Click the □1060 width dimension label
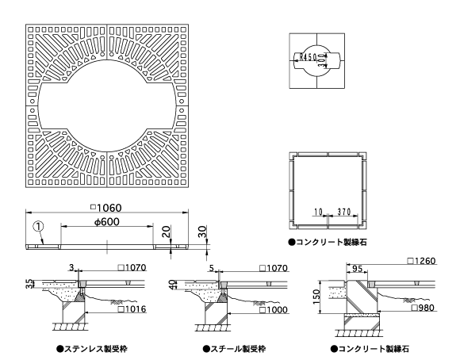tap(106, 208)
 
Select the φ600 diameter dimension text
tap(107, 222)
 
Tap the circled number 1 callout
tap(39, 226)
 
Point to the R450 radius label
tap(309, 56)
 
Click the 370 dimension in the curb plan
tap(344, 212)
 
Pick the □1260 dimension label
tap(422, 261)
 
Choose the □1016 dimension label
tap(132, 309)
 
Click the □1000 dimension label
tap(274, 310)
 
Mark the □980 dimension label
tap(423, 308)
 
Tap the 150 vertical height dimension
tap(316, 297)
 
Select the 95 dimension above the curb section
tap(357, 269)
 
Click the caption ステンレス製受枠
tap(92, 349)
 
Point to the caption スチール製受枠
tap(234, 349)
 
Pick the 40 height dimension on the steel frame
tap(173, 285)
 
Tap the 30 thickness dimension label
tap(202, 232)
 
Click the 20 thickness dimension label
tap(166, 232)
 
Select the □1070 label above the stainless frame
tap(132, 267)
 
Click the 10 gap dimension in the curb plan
tap(318, 212)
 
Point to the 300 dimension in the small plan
tap(322, 61)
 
